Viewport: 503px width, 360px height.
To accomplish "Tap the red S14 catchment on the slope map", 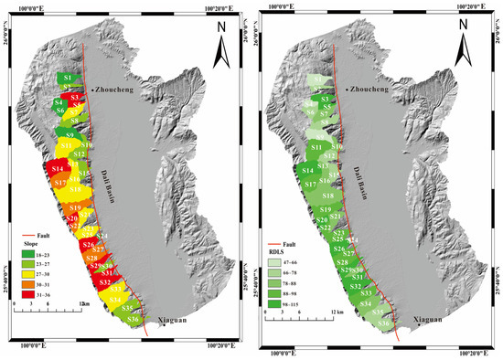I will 57,170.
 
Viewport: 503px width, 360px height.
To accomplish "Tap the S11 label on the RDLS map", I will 317,147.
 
